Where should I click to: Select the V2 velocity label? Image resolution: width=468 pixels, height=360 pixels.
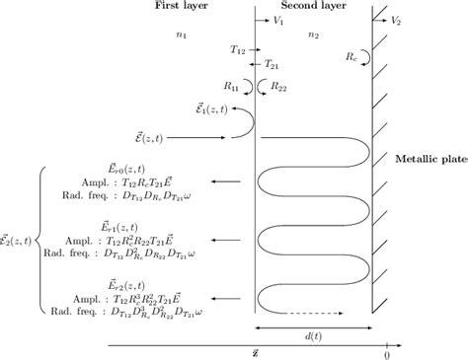[396, 21]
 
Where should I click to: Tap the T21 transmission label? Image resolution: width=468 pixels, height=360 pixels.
[273, 64]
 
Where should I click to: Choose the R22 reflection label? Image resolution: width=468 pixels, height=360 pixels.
[279, 87]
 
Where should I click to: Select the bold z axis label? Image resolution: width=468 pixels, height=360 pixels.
[256, 355]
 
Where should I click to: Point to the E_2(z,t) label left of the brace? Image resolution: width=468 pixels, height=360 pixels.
[19, 238]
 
